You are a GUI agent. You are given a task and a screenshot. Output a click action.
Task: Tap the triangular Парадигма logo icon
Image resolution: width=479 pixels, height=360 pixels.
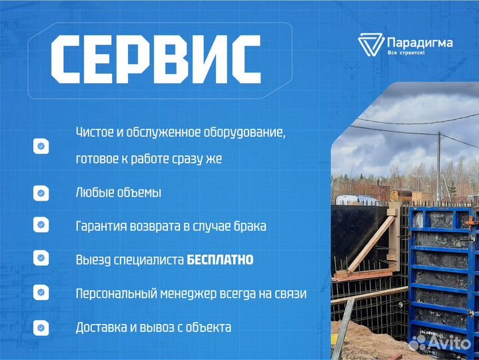[x=370, y=45]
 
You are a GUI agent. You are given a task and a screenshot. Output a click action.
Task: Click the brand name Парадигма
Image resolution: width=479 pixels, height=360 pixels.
[x=420, y=43]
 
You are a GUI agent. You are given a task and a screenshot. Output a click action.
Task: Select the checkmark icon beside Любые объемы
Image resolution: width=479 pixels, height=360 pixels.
[x=41, y=193]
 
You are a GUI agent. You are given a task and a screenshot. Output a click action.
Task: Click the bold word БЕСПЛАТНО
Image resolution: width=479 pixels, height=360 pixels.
[x=220, y=259]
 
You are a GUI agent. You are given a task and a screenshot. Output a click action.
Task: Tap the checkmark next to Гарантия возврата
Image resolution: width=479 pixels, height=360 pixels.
[x=41, y=225]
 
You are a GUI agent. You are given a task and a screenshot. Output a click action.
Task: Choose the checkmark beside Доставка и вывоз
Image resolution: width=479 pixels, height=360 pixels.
[x=41, y=327]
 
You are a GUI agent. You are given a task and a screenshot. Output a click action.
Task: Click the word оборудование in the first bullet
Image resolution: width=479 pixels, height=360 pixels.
[x=245, y=133]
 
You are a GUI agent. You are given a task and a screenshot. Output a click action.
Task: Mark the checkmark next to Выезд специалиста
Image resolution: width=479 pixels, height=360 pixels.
[x=41, y=259]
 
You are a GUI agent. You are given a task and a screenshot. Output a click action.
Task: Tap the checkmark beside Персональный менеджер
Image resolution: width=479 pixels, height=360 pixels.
[x=41, y=293]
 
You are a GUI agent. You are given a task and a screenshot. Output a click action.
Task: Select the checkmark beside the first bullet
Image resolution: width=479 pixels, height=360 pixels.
[x=41, y=146]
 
